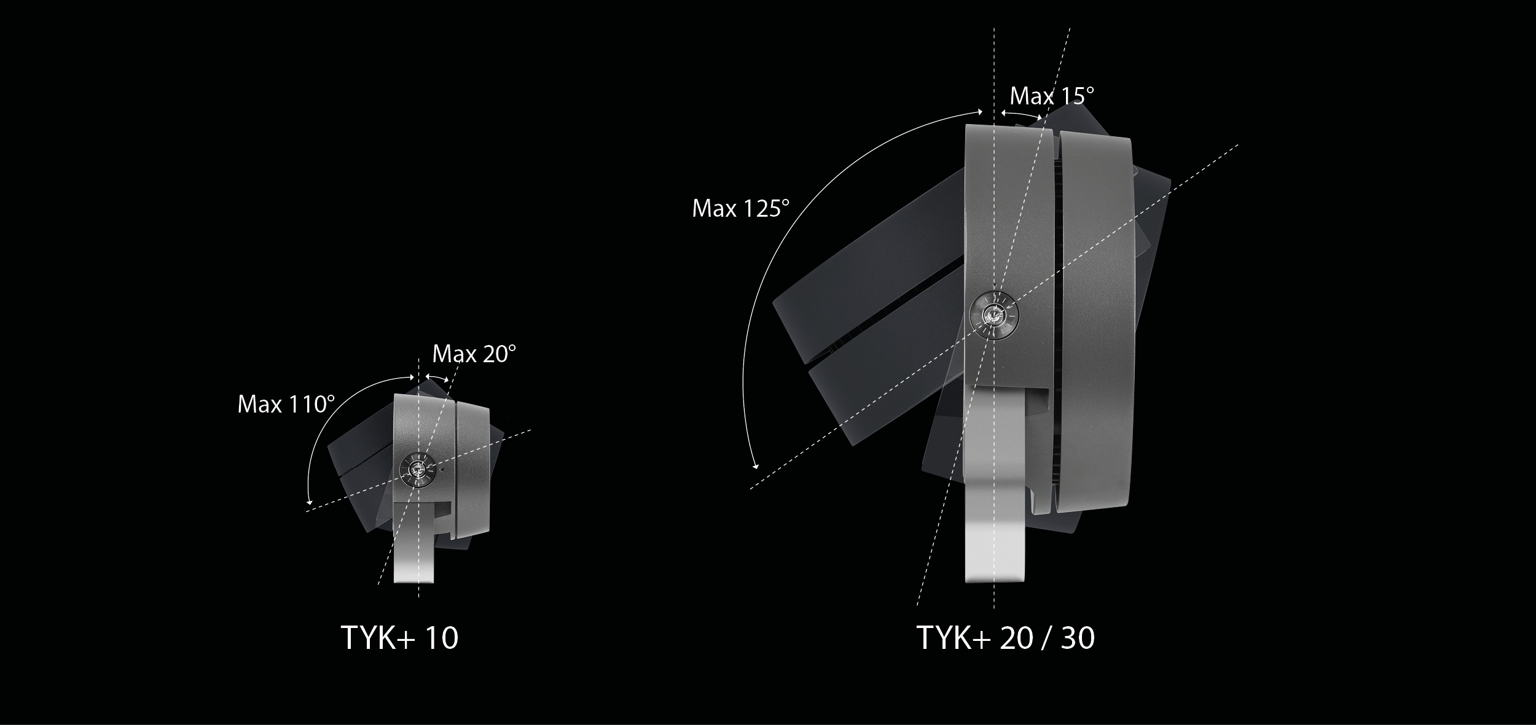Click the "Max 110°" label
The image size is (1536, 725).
tap(286, 405)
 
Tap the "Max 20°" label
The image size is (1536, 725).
tap(474, 354)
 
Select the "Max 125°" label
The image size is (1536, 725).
tap(740, 209)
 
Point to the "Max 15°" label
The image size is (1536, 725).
tap(1052, 96)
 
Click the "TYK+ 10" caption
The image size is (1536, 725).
tap(399, 638)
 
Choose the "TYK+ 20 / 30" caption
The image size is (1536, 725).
tap(1006, 638)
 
